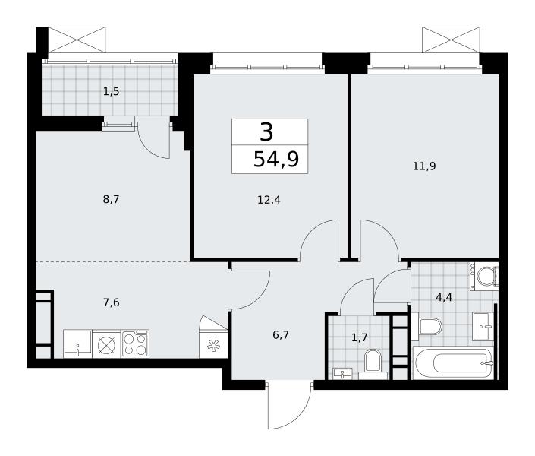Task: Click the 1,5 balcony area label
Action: (x=112, y=92)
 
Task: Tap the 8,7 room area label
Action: (x=112, y=199)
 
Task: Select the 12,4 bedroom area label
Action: (x=269, y=200)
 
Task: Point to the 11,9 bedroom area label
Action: (x=424, y=166)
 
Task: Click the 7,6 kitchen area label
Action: (x=112, y=302)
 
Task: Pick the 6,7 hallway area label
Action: (x=281, y=335)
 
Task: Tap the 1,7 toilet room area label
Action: (x=359, y=337)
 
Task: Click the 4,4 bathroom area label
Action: (x=444, y=298)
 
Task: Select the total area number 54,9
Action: (x=276, y=160)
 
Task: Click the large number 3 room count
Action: (x=267, y=132)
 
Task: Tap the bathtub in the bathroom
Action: (x=453, y=363)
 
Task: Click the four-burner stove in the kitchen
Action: (x=135, y=344)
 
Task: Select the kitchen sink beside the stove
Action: (x=77, y=344)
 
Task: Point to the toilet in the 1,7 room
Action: (x=373, y=364)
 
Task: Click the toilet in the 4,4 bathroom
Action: (x=426, y=327)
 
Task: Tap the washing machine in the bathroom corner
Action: (x=484, y=276)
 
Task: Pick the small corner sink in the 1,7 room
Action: (x=342, y=374)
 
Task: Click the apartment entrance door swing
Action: (x=290, y=405)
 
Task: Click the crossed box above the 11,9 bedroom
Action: (x=451, y=40)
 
